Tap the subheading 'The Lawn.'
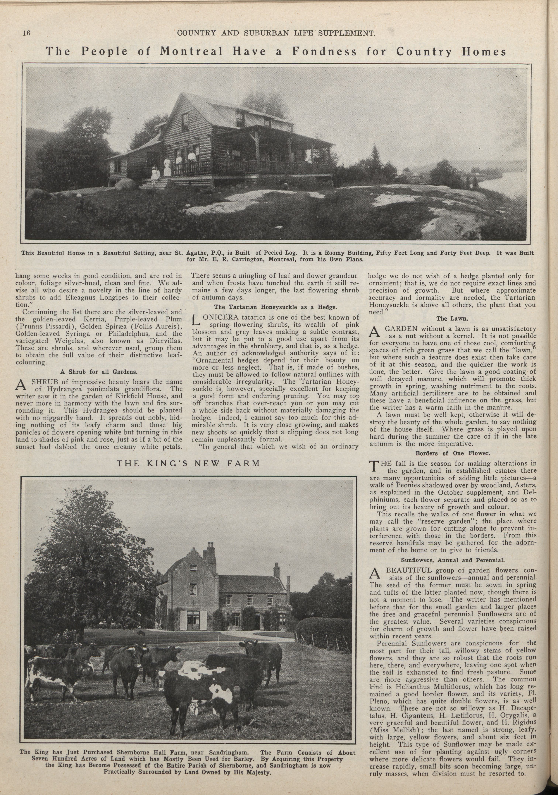tap(452, 318)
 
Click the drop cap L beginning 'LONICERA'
tap(196, 321)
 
